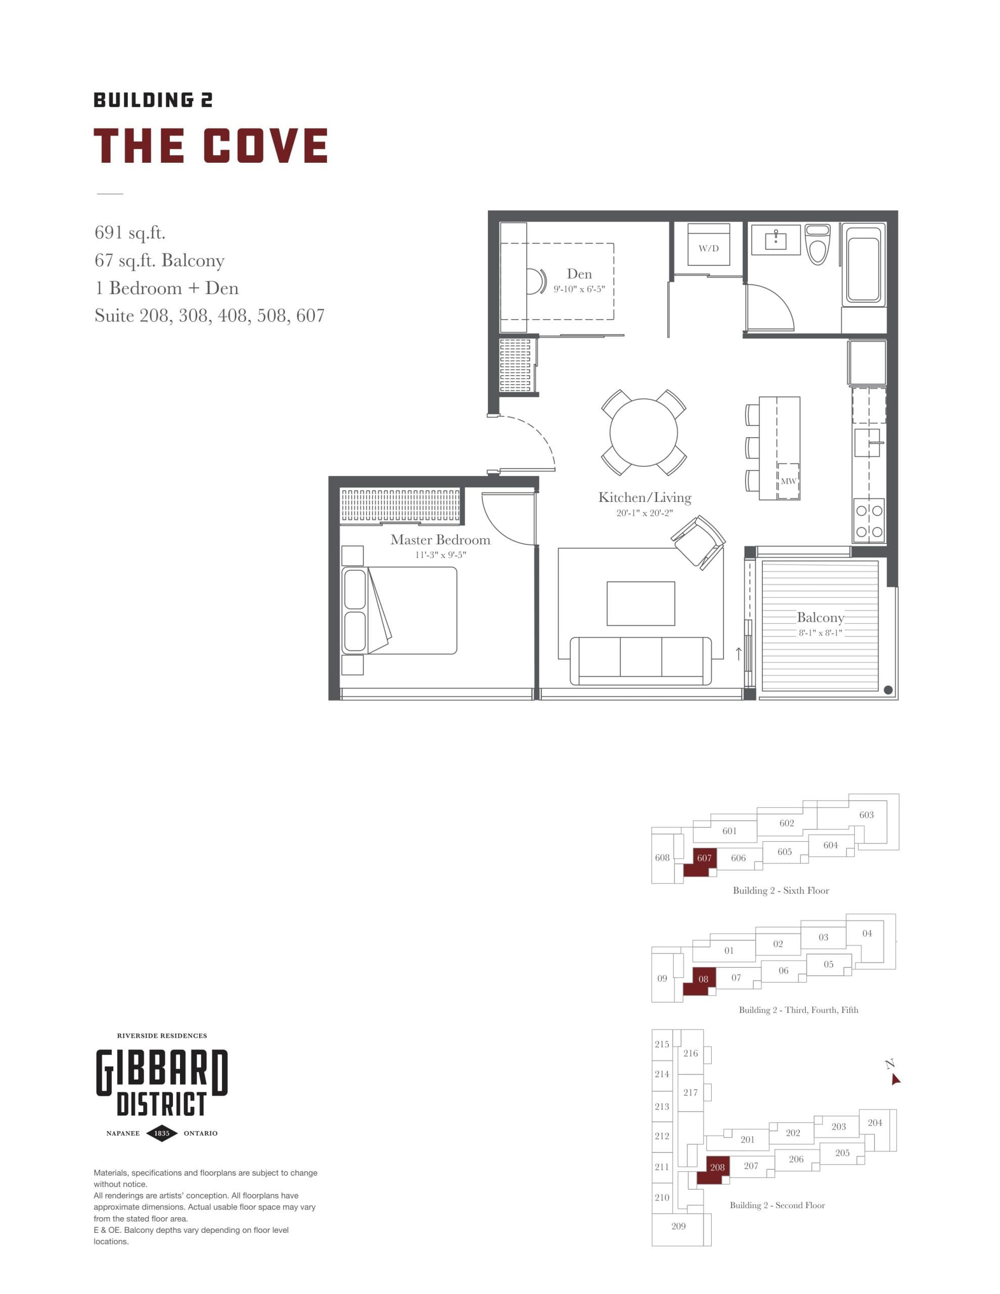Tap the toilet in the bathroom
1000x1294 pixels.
[818, 244]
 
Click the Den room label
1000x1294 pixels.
[579, 274]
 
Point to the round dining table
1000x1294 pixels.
[644, 433]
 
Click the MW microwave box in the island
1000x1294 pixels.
[788, 481]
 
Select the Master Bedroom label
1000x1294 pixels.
[440, 540]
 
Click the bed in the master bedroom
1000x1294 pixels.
[400, 610]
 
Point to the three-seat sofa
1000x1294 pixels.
[641, 660]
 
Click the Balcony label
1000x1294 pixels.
[821, 617]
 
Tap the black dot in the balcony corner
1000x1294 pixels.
[888, 689]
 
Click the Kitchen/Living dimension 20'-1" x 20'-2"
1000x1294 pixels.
[645, 513]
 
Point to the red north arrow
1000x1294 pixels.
[895, 1080]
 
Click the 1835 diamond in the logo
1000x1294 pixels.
[162, 1133]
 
